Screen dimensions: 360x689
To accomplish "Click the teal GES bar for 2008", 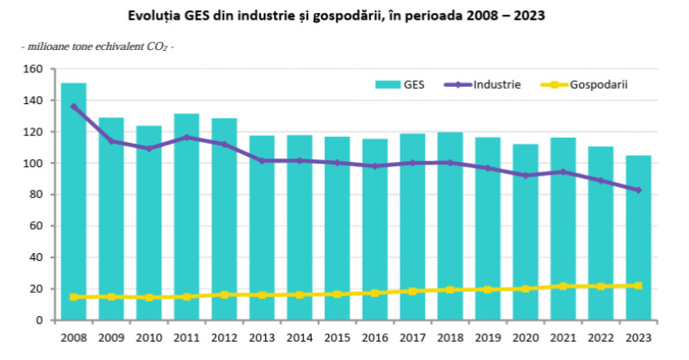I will [x=73, y=207].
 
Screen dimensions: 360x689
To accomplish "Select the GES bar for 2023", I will [x=638, y=241].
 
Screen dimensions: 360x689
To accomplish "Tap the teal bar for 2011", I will [x=186, y=220].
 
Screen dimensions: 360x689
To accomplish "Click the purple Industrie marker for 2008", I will [x=73, y=107].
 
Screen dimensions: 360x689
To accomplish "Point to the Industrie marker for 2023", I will [x=638, y=190].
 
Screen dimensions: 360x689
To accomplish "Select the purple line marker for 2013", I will [x=262, y=160].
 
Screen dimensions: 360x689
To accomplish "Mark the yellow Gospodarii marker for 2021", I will [x=563, y=286].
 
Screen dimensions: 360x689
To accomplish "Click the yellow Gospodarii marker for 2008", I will [x=73, y=297].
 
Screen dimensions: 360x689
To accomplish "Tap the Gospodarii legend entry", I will [x=586, y=84].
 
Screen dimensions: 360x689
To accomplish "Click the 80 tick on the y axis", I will [x=36, y=195].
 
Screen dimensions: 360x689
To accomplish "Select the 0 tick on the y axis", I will [x=40, y=320].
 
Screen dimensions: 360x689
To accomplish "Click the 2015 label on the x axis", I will [x=337, y=337].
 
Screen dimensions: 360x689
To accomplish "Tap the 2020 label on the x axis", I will [x=525, y=337].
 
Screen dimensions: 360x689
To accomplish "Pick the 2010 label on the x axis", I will [x=149, y=337].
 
